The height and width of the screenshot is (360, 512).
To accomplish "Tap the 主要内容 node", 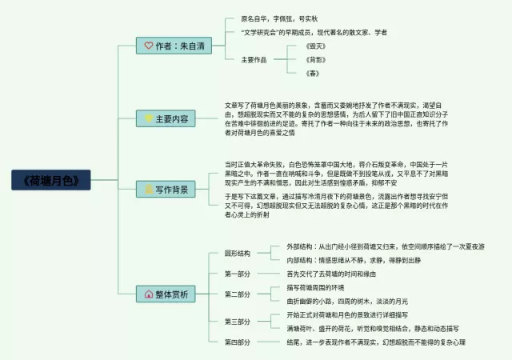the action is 167,118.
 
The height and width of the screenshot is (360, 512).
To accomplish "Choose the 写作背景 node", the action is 167,190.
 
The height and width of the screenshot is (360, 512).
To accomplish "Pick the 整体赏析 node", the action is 167,294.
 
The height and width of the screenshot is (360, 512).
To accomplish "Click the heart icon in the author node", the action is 149,46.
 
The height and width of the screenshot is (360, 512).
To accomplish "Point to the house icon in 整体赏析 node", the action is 149,294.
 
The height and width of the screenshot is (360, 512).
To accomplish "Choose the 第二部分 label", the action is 238,294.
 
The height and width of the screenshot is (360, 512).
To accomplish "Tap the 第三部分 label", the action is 238,322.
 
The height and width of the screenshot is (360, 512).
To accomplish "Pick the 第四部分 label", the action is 238,342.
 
